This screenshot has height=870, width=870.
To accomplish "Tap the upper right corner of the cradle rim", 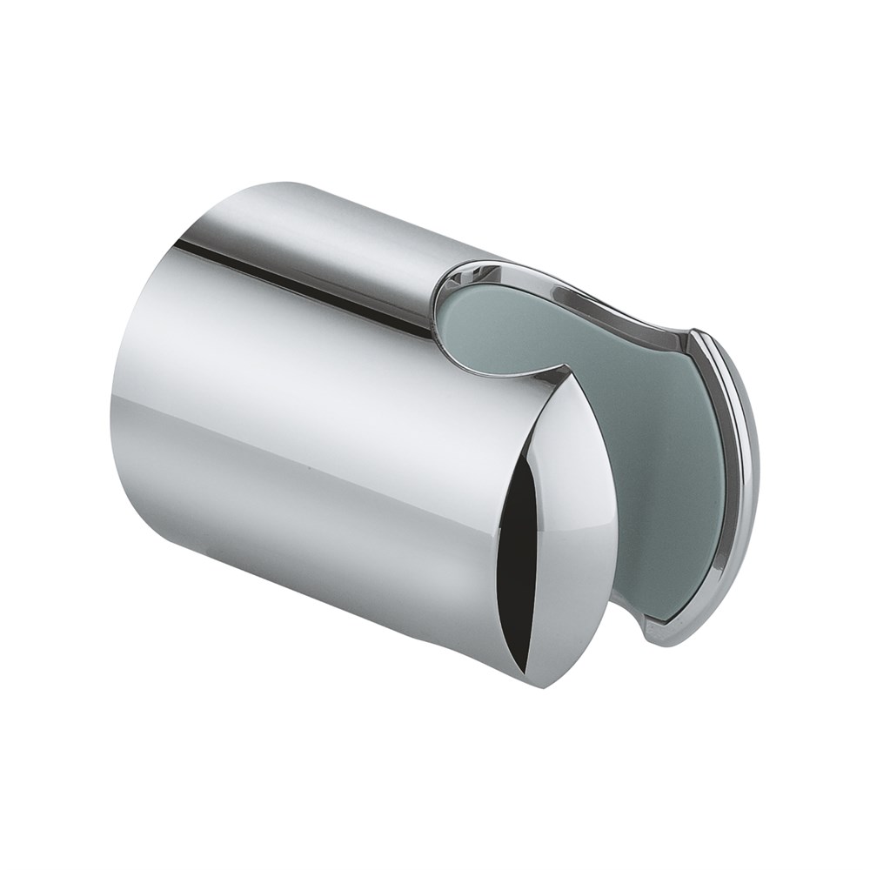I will click(696, 335).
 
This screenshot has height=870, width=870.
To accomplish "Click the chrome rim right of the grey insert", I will click(739, 487).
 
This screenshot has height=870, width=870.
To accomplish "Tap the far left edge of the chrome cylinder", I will click(113, 418).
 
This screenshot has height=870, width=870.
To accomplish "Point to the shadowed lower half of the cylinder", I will click(304, 539).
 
